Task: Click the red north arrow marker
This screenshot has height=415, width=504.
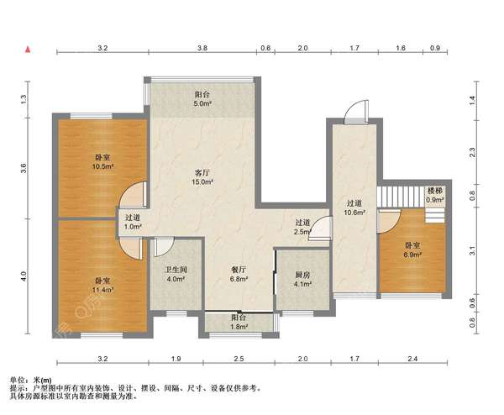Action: [x=29, y=50]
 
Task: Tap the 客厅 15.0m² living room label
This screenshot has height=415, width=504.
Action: [x=202, y=177]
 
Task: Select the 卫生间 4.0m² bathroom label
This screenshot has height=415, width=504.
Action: [x=176, y=275]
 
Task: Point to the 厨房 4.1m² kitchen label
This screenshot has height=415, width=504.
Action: [x=302, y=280]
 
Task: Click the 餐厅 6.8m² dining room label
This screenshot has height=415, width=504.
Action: [x=239, y=274]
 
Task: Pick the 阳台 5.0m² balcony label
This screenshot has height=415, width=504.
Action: [x=202, y=99]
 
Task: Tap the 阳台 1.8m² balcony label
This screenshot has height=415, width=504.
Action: [x=239, y=322]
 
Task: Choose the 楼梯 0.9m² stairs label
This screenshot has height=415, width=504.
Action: [x=435, y=195]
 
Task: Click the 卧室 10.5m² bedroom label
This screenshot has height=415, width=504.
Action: [x=102, y=162]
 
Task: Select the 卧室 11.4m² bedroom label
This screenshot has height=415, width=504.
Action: [x=102, y=286]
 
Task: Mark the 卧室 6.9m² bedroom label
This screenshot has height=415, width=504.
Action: [x=412, y=250]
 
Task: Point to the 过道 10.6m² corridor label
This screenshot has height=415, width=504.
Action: [x=354, y=207]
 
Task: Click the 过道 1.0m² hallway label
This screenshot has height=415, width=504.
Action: [x=133, y=222]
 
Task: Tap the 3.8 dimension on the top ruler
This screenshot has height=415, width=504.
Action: [x=202, y=48]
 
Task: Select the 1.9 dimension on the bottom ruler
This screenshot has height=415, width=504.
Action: [x=176, y=359]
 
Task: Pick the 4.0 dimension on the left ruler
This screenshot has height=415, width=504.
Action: [x=24, y=276]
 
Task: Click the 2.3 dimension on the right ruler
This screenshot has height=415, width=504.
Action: [x=472, y=152]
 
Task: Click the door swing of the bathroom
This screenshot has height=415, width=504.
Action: [x=164, y=247]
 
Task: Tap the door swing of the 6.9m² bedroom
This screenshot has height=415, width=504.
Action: [x=389, y=221]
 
